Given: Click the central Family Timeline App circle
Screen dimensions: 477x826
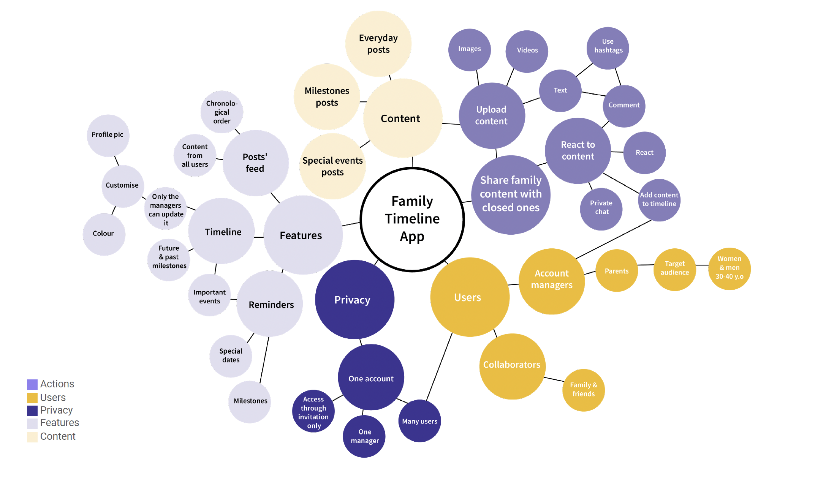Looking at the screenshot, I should click(412, 219).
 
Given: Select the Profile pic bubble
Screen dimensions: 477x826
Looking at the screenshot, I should click(108, 135).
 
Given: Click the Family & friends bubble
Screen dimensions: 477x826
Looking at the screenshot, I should click(583, 390).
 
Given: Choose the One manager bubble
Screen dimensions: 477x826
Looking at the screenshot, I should click(364, 436).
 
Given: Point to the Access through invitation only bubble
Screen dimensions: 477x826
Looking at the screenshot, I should click(313, 411).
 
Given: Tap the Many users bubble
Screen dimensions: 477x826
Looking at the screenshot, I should click(419, 421).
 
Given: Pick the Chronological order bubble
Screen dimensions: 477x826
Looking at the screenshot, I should click(222, 112).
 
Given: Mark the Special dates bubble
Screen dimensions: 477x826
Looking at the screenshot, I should click(231, 356).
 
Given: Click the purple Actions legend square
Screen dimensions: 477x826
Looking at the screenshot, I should click(32, 384).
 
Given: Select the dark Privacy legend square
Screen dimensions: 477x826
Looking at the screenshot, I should click(32, 411).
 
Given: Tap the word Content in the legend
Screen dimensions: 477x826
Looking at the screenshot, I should click(58, 436).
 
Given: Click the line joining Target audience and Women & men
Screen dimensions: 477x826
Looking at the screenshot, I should click(702, 265).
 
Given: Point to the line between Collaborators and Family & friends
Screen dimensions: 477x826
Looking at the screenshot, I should click(554, 379).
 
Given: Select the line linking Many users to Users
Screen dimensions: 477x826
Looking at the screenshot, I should click(439, 366).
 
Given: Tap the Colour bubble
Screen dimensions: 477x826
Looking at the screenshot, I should click(104, 234).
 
